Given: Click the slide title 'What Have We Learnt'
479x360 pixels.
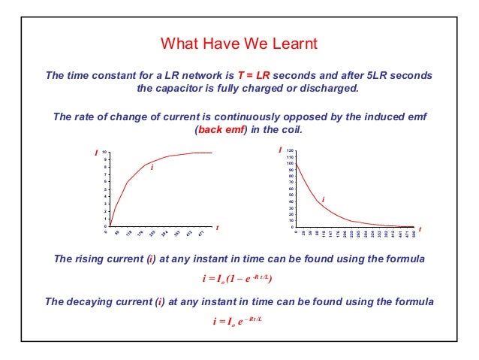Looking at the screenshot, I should tap(239, 44).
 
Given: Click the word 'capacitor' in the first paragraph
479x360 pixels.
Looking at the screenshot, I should tap(184, 89).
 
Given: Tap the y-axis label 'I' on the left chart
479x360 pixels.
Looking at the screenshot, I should tap(96, 153).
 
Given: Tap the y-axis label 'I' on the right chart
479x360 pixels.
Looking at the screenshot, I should tap(280, 150).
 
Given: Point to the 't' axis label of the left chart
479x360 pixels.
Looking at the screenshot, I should tap(217, 227).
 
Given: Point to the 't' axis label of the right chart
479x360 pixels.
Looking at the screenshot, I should tap(420, 228).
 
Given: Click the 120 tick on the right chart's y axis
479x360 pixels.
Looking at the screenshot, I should tap(290, 152).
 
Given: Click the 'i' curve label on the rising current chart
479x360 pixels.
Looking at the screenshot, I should tap(152, 168).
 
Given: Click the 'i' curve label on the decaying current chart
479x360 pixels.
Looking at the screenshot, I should tap(323, 199).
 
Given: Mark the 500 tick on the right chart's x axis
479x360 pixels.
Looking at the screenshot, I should tap(414, 234).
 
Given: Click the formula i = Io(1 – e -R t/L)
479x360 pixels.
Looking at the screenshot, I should tap(238, 279).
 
